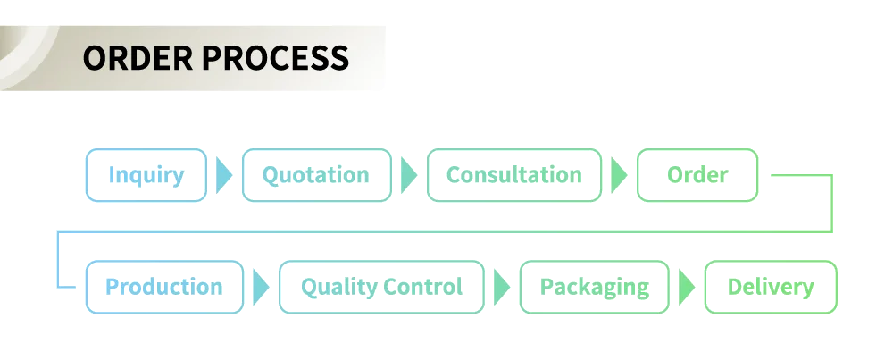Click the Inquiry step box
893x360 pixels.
tap(146, 175)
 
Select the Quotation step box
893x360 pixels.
tap(316, 175)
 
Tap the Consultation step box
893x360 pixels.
tap(514, 175)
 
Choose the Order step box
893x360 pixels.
tap(697, 175)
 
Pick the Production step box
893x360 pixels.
tap(164, 287)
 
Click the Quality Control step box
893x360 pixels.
tap(382, 287)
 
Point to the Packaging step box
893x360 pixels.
tap(595, 287)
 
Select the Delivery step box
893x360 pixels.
tap(771, 287)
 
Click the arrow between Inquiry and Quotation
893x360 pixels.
tap(224, 175)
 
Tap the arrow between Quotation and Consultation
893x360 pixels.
tap(408, 175)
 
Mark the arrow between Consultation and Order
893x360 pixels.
tap(618, 175)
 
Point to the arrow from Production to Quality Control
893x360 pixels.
tap(261, 287)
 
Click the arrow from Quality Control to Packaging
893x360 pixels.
tap(502, 287)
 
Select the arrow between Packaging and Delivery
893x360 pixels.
tap(687, 287)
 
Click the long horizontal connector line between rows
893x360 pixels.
tap(446, 233)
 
